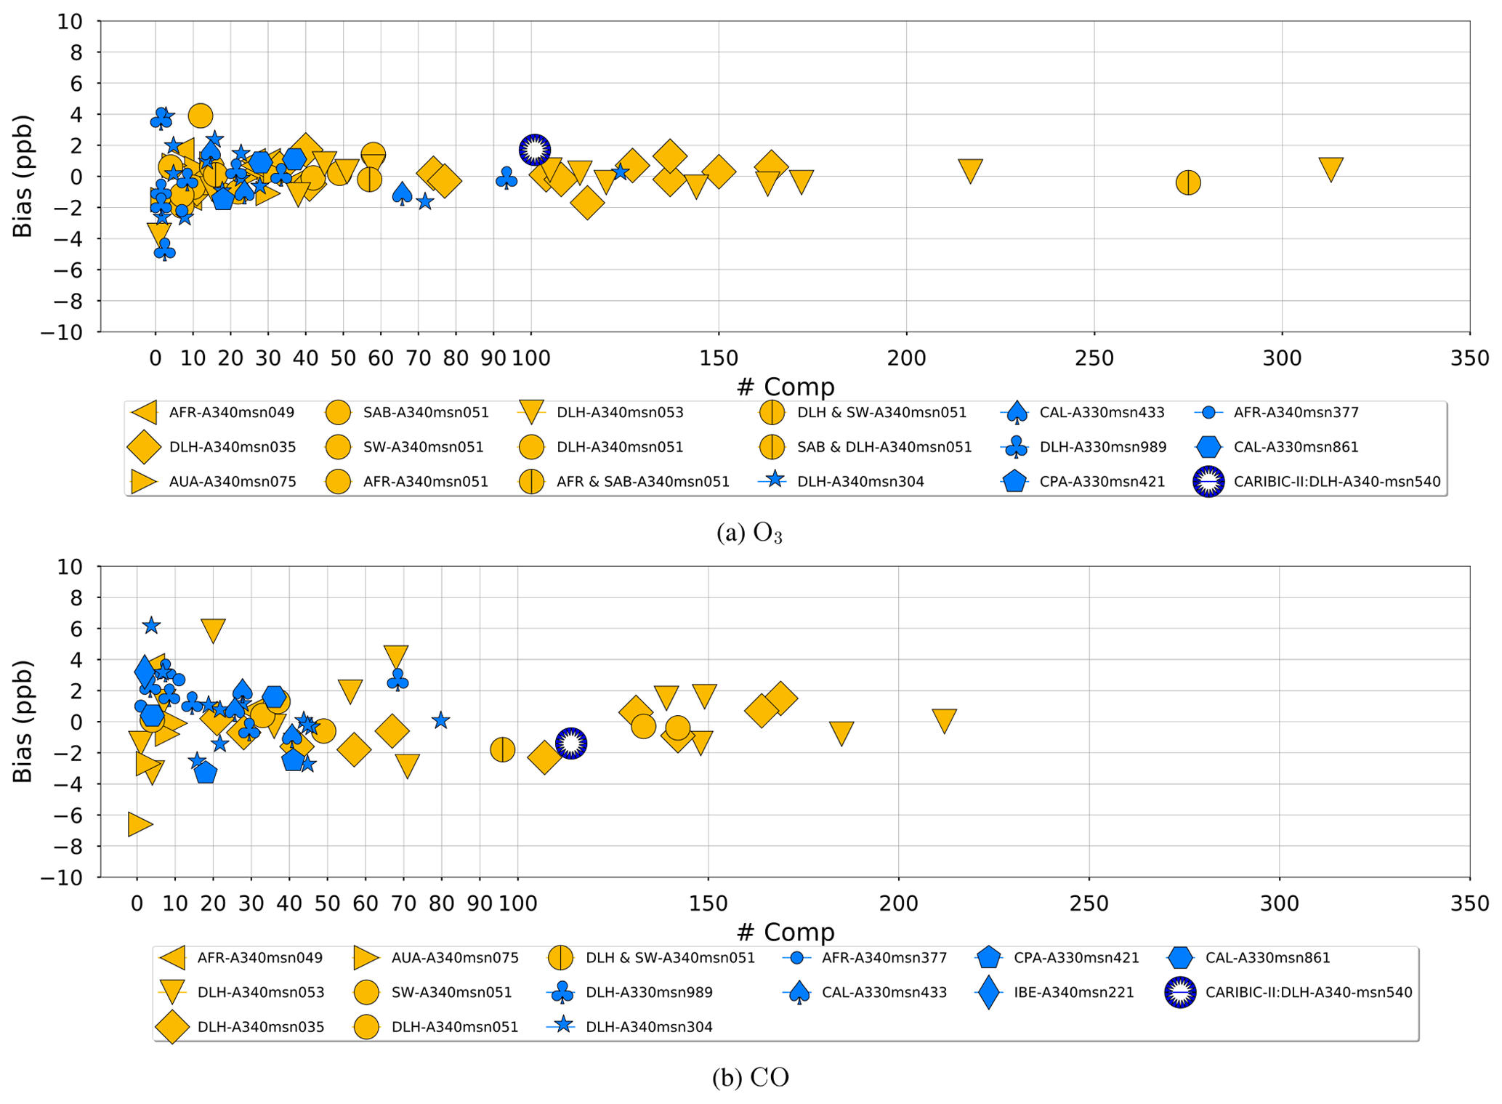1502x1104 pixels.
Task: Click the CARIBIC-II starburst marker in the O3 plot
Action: [x=535, y=150]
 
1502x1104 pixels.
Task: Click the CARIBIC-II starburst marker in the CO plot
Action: [x=571, y=744]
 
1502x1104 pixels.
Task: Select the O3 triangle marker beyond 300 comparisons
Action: [x=1331, y=169]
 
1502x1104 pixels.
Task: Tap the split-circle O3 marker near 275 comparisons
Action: [x=1188, y=182]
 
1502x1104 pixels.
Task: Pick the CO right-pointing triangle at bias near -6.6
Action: [x=139, y=824]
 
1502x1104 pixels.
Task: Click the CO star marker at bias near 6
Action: [x=150, y=626]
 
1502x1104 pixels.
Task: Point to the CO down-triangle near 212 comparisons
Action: [x=944, y=720]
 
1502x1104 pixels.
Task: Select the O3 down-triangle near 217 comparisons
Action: [x=970, y=170]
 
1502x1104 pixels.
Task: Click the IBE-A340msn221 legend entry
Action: [x=1073, y=993]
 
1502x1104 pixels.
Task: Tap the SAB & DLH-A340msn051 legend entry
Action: [x=884, y=448]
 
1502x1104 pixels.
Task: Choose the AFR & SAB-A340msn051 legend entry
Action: [x=642, y=482]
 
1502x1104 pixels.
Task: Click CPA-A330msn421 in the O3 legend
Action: [x=1102, y=482]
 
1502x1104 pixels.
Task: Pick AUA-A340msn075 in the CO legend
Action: [x=454, y=958]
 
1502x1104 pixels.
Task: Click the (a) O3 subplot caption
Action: [x=749, y=533]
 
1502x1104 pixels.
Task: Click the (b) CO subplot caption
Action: [x=750, y=1077]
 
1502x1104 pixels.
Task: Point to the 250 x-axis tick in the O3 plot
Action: [x=1094, y=358]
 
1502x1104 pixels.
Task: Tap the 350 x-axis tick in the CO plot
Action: [x=1469, y=903]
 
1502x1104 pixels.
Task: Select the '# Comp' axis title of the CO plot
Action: [x=785, y=932]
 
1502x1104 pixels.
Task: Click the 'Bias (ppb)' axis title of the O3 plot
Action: [x=23, y=177]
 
